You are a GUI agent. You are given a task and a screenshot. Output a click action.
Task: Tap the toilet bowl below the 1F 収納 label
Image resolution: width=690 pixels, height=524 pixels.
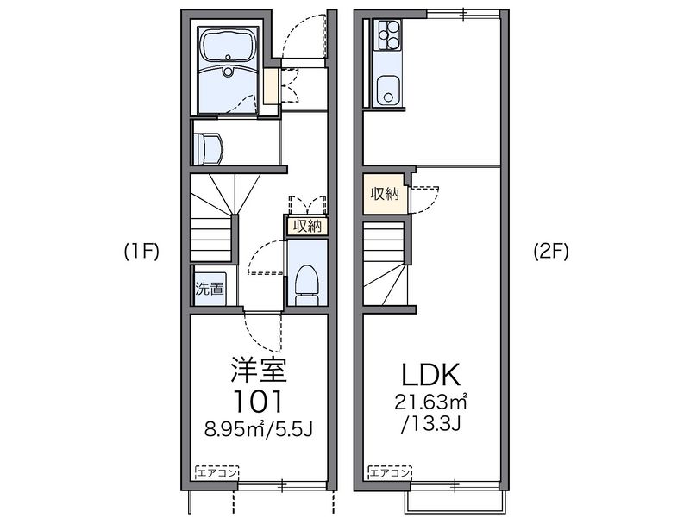tap(305, 281)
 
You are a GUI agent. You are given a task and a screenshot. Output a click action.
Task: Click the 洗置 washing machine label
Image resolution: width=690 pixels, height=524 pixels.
tap(208, 290)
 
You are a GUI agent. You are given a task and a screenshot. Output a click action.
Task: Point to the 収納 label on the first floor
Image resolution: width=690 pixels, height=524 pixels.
tap(307, 227)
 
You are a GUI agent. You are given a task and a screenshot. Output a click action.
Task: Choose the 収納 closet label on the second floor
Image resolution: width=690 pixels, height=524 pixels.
tap(385, 193)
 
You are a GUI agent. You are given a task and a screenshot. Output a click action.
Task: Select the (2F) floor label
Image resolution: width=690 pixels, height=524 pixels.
tap(549, 252)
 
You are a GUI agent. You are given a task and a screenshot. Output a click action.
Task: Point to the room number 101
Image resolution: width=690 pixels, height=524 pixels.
tap(258, 401)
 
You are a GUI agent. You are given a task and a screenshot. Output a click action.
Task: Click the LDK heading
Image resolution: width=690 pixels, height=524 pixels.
tap(432, 374)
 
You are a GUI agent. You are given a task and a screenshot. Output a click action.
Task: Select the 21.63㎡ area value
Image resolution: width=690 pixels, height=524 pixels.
tap(432, 402)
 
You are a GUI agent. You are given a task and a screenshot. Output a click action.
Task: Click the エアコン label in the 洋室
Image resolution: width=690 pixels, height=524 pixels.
tap(216, 472)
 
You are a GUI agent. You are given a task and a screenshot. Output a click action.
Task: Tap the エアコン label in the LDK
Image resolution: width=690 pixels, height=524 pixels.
tap(389, 472)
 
